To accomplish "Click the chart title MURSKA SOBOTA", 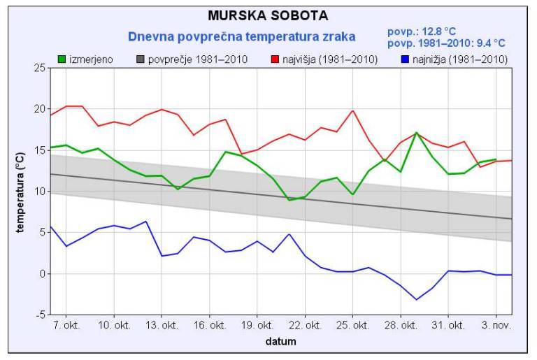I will tap(268, 15).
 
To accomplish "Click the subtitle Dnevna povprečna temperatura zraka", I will tap(241, 36).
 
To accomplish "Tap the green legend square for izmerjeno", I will tap(62, 60).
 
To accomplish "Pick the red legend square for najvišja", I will tap(275, 60).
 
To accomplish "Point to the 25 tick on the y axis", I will tap(39, 68).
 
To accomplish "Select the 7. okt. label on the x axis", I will tap(66, 326).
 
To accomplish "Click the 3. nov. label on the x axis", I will tap(496, 326).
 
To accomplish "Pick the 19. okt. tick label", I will tap(257, 326).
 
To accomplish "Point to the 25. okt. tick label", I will tap(352, 326).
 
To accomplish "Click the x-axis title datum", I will tap(280, 342).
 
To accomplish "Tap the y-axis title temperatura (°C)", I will tap(21, 191).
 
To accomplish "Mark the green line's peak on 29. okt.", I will tap(416, 132).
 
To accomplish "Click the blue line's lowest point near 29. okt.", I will tap(417, 299).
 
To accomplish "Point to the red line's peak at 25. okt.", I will tap(353, 110).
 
